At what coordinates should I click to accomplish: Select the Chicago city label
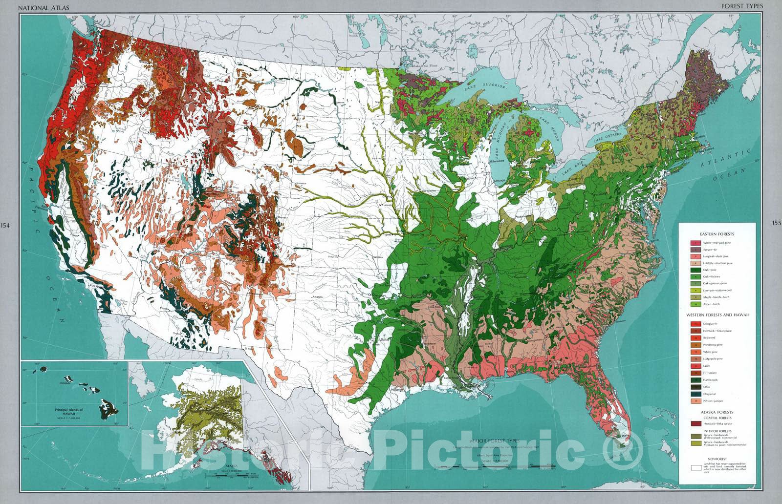(x=499, y=181)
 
